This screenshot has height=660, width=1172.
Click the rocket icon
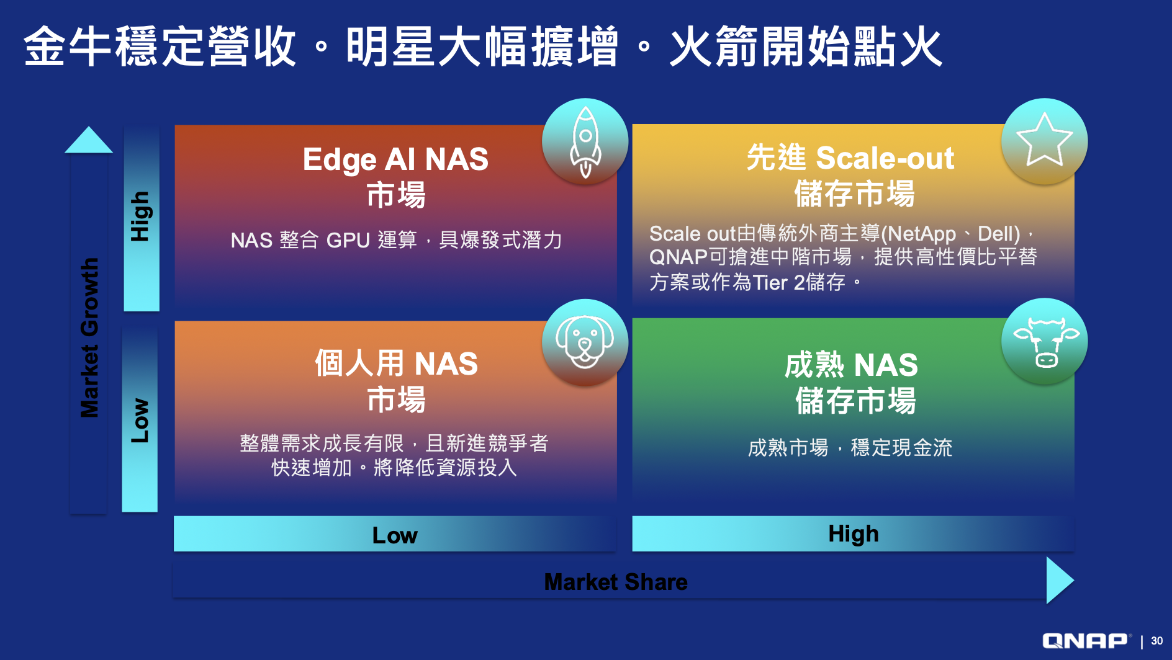coord(585,142)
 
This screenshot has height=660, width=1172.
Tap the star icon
coord(1044,141)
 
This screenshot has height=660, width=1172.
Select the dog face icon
coord(585,342)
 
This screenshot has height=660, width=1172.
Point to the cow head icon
coord(1046,342)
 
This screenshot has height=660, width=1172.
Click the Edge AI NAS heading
coord(395,159)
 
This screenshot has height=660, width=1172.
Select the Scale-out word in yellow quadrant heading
coord(885,158)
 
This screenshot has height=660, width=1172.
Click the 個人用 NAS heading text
coord(396,363)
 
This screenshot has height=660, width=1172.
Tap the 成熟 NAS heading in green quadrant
coord(851,365)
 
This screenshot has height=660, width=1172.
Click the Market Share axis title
coord(616,582)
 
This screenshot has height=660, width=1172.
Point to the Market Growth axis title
coord(89,337)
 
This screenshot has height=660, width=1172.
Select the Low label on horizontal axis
coord(395,535)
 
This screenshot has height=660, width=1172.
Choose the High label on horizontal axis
coord(854,534)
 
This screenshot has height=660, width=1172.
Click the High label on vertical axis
coord(140,216)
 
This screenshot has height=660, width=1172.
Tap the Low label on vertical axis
coord(140,421)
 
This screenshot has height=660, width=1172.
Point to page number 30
coord(1157,641)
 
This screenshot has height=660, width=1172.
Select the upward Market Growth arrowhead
coord(89,140)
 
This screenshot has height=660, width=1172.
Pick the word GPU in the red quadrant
coord(348,240)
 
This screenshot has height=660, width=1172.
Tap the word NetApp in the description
coord(922,234)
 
